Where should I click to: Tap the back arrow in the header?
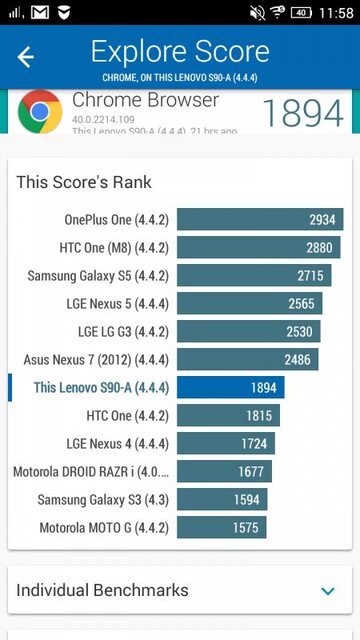26,57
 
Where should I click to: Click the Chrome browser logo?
39,112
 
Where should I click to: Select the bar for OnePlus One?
260,219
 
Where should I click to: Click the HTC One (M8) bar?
259,247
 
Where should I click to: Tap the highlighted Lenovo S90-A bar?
230,387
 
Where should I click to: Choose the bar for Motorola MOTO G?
221,527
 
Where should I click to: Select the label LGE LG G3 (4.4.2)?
123,331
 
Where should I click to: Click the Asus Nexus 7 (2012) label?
96,359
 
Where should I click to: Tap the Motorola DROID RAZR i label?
91,471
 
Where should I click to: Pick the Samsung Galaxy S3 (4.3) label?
103,499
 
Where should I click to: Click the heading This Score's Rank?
83,181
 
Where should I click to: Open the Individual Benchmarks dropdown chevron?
328,591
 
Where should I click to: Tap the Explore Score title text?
180,51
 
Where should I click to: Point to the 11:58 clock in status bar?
335,13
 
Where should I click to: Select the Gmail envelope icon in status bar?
40,13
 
